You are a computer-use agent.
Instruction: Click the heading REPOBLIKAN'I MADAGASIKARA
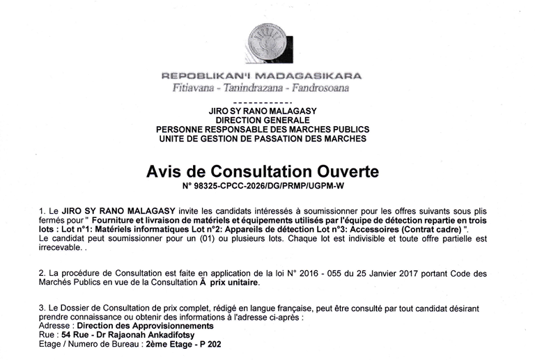pos(261,76)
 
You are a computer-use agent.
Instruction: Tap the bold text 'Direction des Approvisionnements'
pos(145,325)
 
